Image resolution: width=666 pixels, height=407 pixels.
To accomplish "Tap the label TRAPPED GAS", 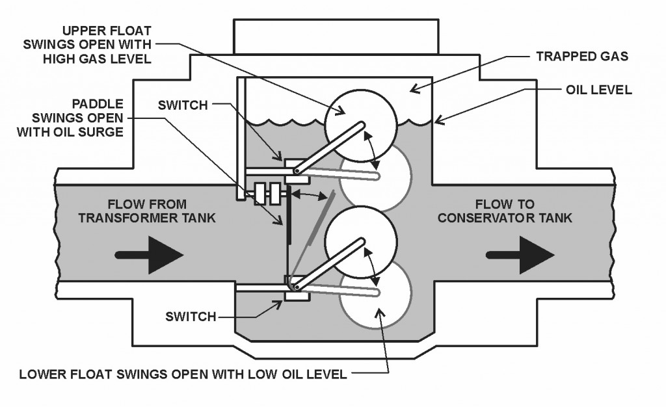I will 581,57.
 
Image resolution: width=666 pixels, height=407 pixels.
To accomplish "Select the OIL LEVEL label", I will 596,90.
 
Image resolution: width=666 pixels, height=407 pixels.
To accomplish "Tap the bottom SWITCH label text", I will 191,317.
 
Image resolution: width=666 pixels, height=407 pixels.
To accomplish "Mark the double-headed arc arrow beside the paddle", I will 308,194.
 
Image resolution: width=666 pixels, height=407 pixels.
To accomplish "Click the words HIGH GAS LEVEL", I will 104,59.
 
